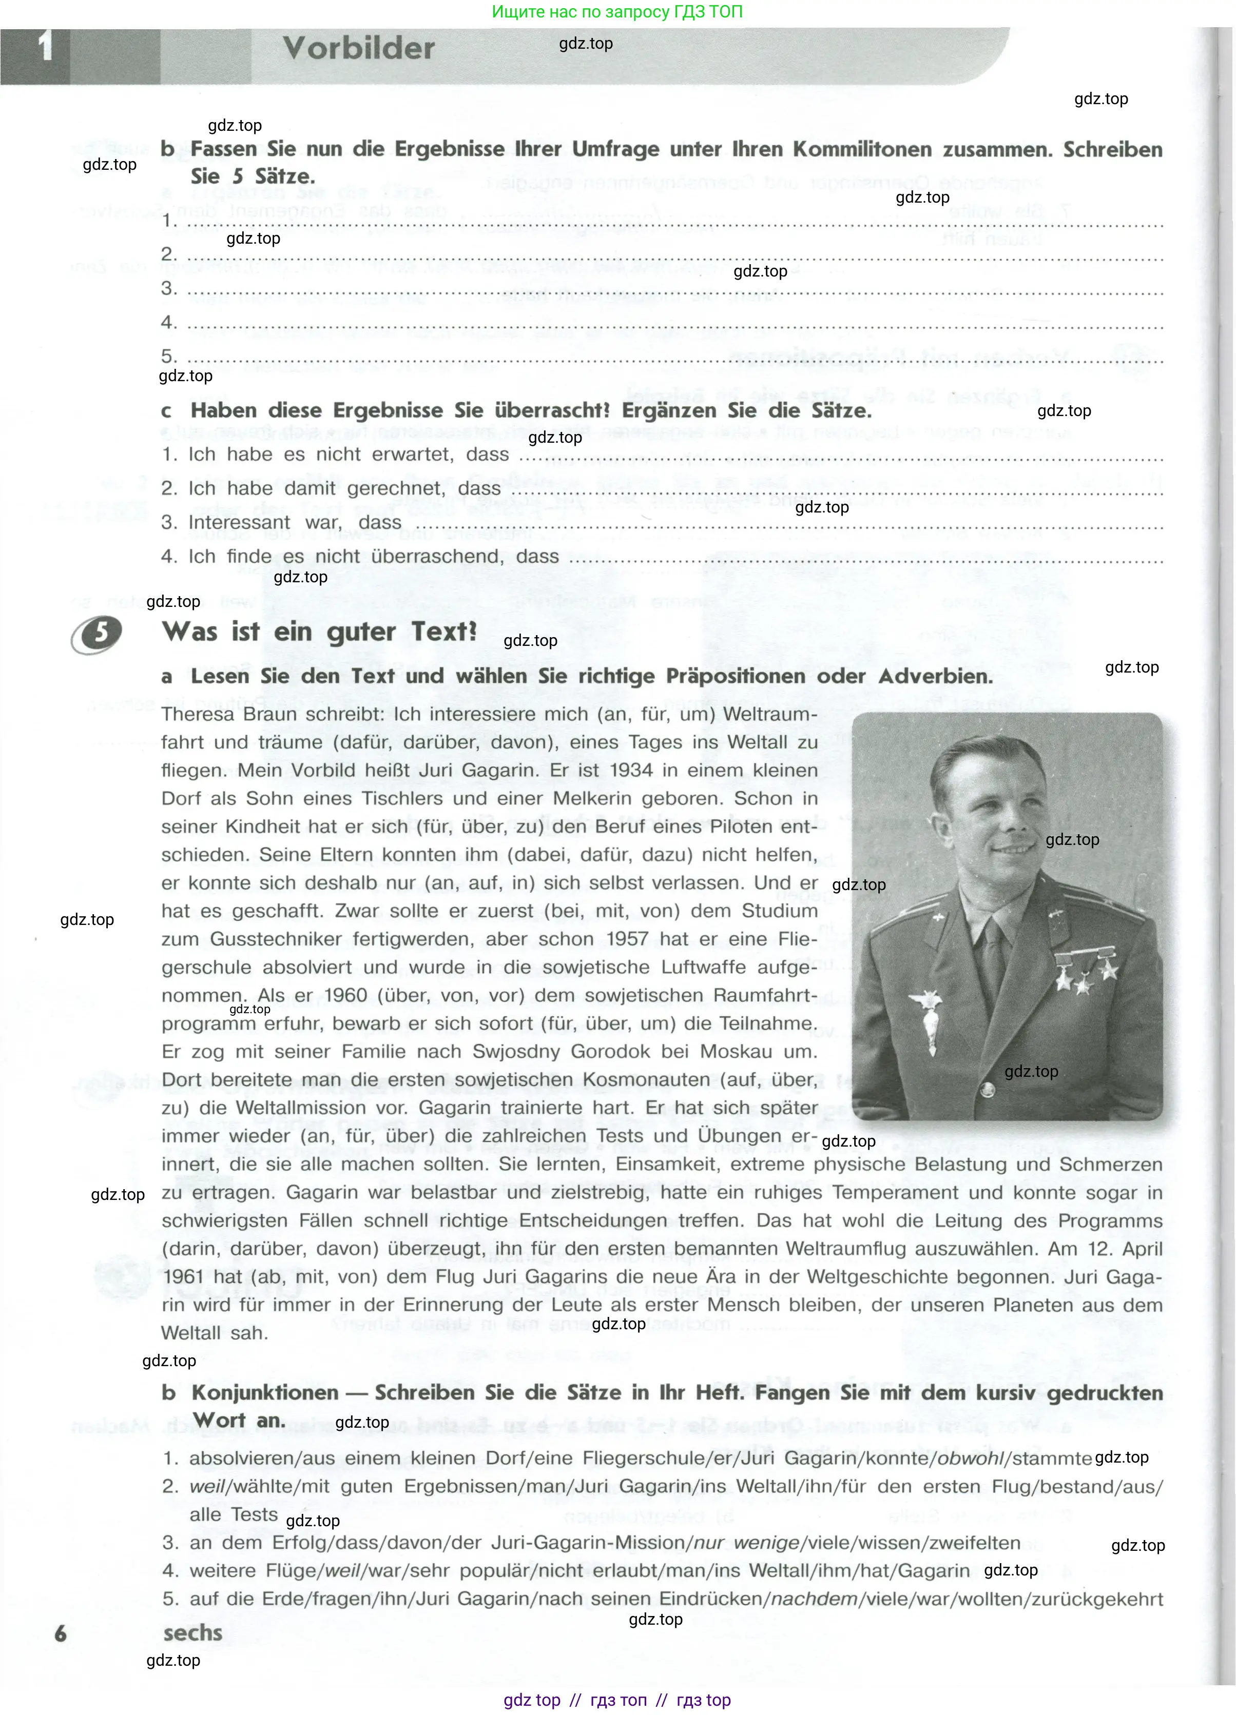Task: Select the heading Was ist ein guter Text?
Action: (x=319, y=632)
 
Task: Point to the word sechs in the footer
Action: (x=193, y=1633)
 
